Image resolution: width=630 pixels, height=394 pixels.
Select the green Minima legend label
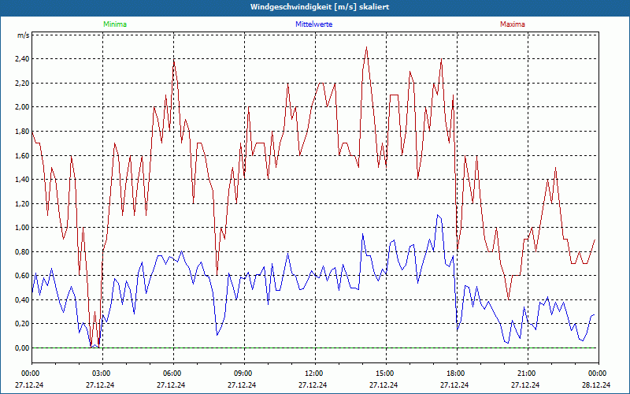click(x=114, y=24)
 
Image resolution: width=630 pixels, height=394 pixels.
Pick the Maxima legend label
click(x=512, y=24)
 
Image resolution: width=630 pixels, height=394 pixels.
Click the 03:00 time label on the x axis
click(x=102, y=373)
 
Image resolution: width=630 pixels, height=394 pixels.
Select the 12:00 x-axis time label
click(x=314, y=373)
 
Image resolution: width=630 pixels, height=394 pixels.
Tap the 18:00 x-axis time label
click(x=456, y=373)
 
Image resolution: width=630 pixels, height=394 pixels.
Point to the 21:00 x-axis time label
click(x=527, y=373)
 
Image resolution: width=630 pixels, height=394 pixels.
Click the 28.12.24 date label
click(x=597, y=385)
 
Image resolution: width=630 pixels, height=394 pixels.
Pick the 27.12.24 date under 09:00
click(x=243, y=385)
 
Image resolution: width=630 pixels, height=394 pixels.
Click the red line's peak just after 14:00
click(x=366, y=47)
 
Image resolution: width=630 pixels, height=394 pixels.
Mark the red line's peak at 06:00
click(x=174, y=60)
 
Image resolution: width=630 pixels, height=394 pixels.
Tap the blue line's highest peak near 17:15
click(x=438, y=215)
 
